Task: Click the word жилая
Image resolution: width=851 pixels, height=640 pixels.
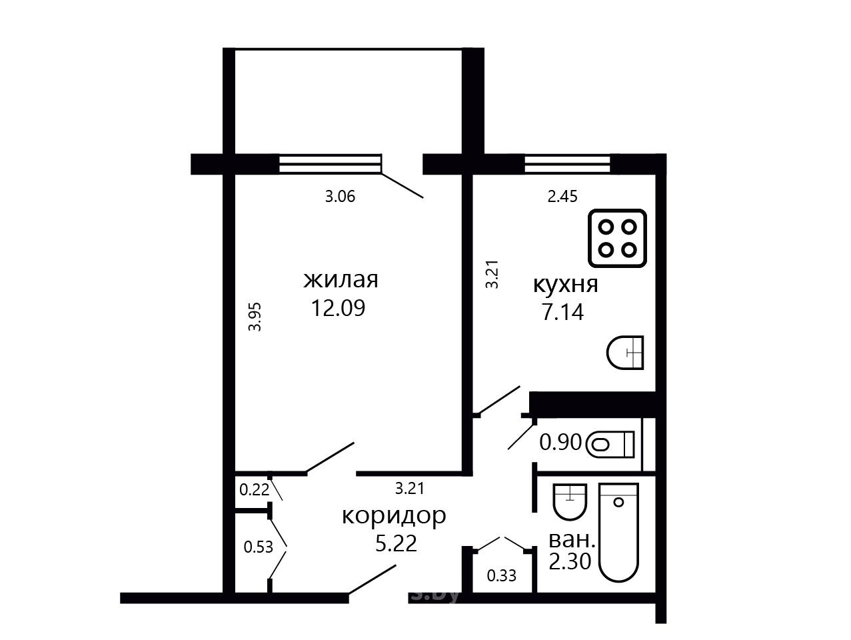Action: (341, 280)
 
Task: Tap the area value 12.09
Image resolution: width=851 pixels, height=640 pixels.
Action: (338, 309)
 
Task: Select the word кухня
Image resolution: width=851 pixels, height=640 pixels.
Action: (566, 285)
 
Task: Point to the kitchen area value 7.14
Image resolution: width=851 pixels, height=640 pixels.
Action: (562, 312)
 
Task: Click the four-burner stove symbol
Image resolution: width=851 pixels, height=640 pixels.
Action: (617, 238)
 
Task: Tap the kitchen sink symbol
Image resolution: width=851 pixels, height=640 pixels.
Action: (625, 352)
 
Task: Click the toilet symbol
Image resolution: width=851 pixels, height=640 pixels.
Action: (610, 445)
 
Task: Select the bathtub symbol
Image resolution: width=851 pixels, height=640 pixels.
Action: (619, 532)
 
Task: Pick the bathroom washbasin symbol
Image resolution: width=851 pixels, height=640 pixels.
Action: (570, 502)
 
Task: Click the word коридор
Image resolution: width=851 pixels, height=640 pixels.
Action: (394, 516)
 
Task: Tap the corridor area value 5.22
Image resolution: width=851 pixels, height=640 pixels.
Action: (397, 543)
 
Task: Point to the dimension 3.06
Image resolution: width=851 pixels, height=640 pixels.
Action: (340, 197)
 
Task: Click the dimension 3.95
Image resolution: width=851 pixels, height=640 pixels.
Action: (255, 317)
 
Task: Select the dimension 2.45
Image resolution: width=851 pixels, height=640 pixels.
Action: (562, 197)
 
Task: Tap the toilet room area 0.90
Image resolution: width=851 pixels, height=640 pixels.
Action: (560, 443)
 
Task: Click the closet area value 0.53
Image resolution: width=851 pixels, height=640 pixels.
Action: (258, 547)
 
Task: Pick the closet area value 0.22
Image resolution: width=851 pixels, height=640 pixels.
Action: (254, 490)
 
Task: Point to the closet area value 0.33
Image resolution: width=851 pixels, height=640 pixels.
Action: (502, 575)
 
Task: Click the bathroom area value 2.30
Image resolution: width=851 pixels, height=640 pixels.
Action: (570, 561)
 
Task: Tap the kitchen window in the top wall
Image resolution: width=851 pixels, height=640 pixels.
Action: (567, 165)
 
